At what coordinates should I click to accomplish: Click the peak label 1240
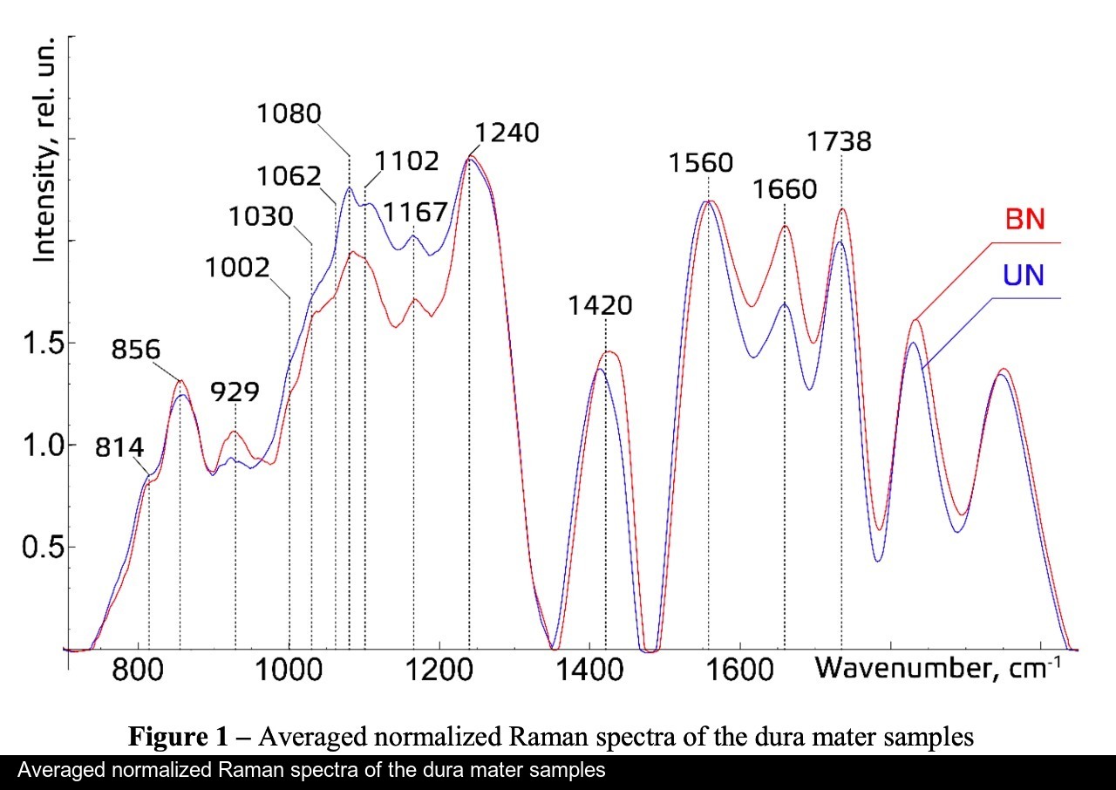click(507, 133)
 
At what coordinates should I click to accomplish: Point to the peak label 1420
click(600, 305)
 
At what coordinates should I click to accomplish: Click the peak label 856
click(136, 350)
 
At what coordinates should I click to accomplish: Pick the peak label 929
click(235, 392)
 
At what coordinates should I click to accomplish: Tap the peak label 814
click(119, 448)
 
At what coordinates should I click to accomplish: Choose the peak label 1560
click(701, 162)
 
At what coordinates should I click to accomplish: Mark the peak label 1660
click(785, 189)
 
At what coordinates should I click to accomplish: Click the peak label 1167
click(415, 211)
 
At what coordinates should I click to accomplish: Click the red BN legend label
click(1024, 219)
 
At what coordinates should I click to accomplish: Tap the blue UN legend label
click(1024, 276)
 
